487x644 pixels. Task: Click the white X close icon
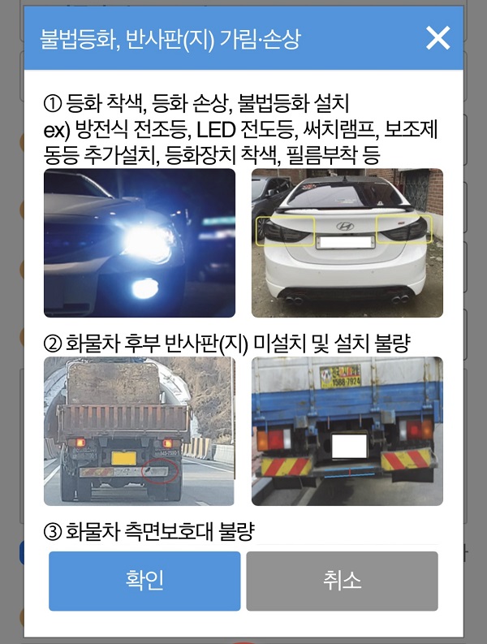point(437,38)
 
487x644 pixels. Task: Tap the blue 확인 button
point(144,581)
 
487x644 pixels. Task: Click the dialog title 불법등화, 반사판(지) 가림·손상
point(170,40)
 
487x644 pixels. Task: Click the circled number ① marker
point(53,103)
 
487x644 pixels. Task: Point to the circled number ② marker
point(53,344)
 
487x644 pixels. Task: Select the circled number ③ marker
point(53,532)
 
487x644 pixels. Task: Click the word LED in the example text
point(216,130)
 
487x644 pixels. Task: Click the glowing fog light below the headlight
point(144,288)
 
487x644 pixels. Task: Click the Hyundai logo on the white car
point(345,226)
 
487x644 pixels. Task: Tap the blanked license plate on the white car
point(346,243)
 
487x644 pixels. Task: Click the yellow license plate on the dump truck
point(123,458)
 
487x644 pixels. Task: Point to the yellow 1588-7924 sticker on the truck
point(340,377)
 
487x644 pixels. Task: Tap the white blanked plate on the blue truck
point(349,446)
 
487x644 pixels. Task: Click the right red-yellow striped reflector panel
point(406,459)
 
